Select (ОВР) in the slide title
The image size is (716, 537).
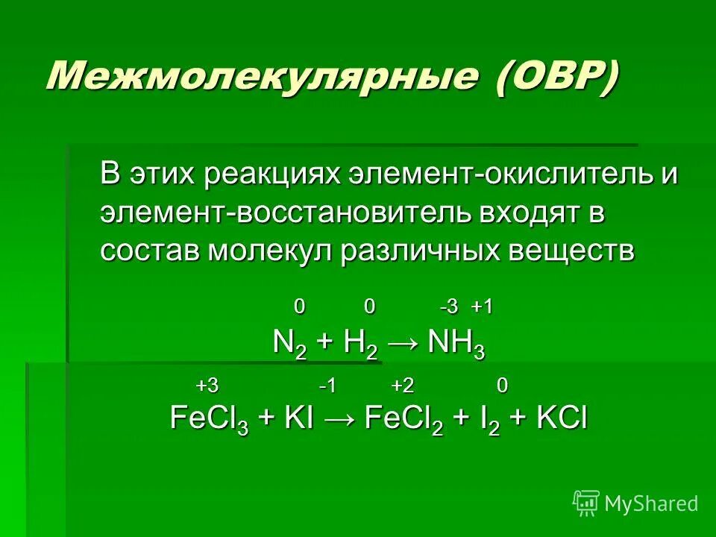[x=556, y=77]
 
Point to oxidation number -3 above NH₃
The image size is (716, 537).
[x=448, y=307]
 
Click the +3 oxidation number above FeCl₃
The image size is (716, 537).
[x=207, y=386]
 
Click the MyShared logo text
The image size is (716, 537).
[x=650, y=504]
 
